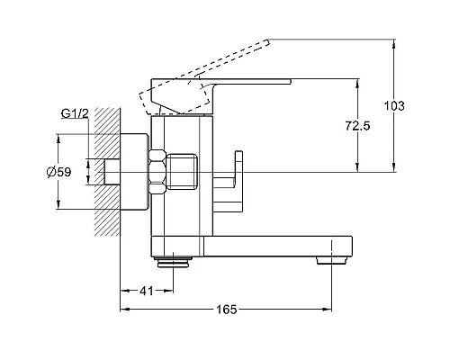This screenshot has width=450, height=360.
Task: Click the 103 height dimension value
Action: pos(394,106)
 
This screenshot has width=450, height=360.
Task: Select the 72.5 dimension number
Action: pos(357,126)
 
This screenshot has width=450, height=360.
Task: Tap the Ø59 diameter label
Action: pos(59,172)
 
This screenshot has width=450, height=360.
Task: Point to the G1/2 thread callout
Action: pos(75,113)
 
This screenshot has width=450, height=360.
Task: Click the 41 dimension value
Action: pos(147,291)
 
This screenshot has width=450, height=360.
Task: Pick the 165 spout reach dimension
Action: pos(227,310)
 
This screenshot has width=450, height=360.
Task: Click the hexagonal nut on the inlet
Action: pos(157,171)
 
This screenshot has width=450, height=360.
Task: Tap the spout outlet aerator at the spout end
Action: pos(331,260)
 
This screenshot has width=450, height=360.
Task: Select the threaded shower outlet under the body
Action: pos(173,262)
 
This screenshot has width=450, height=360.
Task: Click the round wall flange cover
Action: pos(134,172)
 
